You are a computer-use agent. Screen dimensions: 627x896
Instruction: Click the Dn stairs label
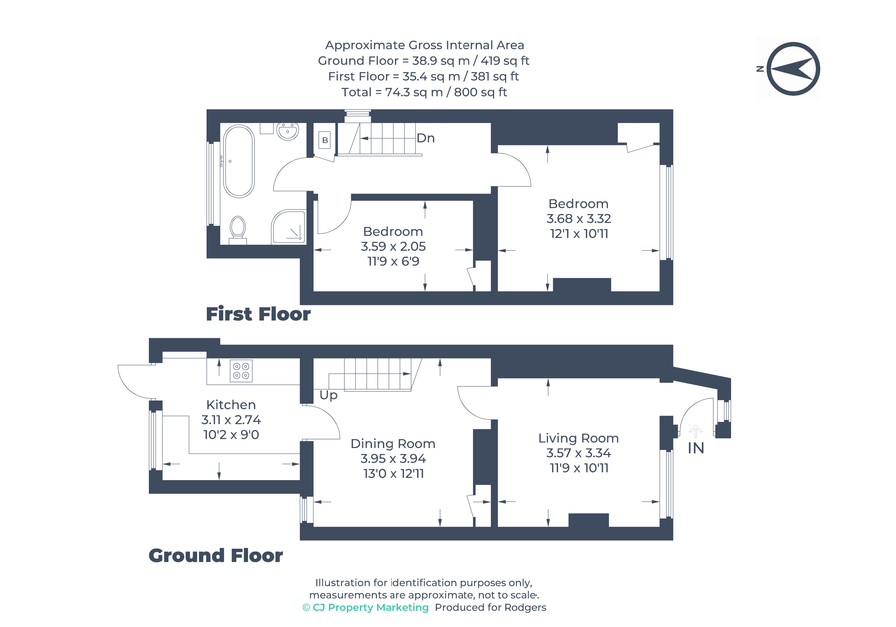pos(425,138)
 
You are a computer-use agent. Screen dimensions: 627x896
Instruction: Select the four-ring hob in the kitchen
pos(241,371)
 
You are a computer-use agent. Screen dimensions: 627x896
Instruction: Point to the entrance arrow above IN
pos(695,431)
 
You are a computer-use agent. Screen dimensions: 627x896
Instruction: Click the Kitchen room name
pos(231,405)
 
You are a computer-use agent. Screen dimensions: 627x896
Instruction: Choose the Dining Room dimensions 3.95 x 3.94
pos(393,458)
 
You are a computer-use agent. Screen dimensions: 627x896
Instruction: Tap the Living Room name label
pos(578,438)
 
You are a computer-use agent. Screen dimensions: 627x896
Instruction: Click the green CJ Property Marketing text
pos(366,607)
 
